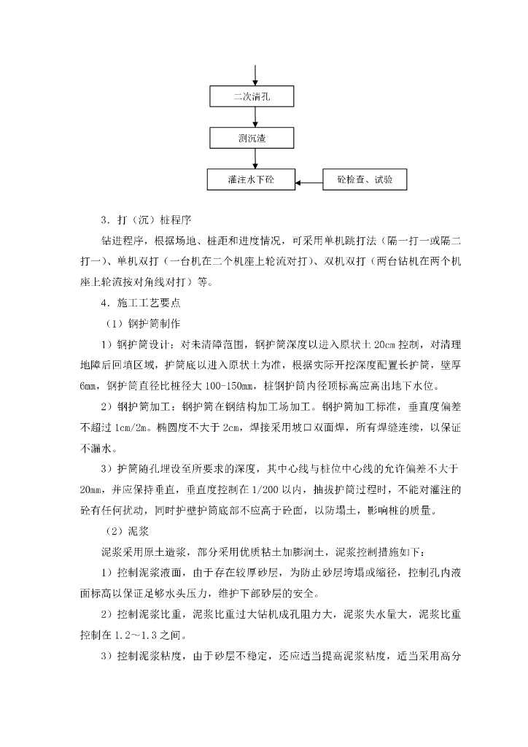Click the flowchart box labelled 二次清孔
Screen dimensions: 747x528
(x=251, y=96)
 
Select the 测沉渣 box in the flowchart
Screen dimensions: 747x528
(x=251, y=138)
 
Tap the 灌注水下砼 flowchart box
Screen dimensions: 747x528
(x=251, y=179)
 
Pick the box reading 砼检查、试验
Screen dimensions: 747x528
(x=365, y=179)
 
